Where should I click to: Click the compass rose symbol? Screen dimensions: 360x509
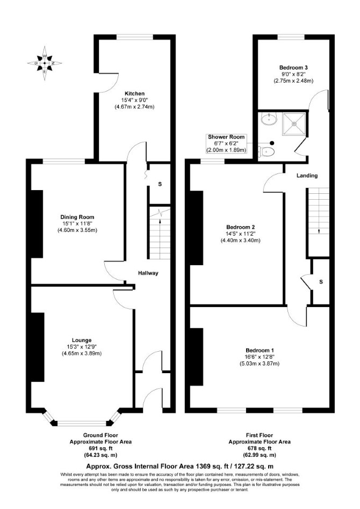click(45, 63)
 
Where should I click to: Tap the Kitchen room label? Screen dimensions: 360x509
click(134, 93)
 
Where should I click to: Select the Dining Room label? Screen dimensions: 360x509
click(77, 217)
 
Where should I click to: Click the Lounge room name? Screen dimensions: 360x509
click(82, 340)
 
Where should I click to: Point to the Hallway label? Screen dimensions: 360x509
click(148, 273)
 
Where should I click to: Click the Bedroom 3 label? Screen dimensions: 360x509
click(293, 68)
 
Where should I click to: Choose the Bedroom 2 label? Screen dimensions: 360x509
click(240, 227)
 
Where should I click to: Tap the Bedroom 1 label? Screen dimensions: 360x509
click(260, 350)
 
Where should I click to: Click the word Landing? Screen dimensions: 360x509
click(307, 176)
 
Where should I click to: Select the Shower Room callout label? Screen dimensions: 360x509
click(226, 137)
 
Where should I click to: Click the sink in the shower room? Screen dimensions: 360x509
click(269, 119)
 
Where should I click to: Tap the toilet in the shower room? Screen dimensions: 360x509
click(266, 151)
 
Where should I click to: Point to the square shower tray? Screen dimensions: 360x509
click(294, 123)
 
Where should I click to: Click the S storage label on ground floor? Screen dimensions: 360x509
click(160, 184)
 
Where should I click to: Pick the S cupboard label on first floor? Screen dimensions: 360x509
click(321, 282)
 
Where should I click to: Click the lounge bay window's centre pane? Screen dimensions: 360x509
click(82, 423)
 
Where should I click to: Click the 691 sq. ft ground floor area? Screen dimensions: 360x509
click(100, 448)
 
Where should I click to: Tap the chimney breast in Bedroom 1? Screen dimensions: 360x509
click(196, 357)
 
